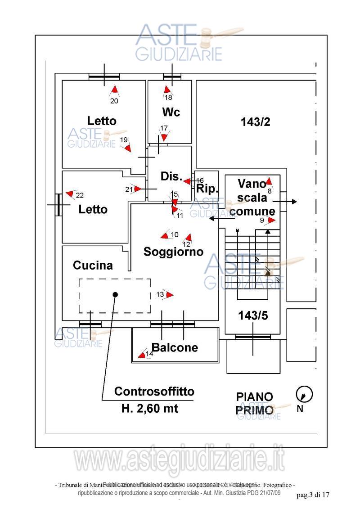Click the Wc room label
pos(171,112)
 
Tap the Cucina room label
pos(93,266)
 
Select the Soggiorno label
pos(173,252)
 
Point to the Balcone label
pos(175,347)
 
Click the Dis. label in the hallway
pos(171,177)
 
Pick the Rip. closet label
pos(207,189)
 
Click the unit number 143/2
pos(255,122)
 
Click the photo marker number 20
pos(114,101)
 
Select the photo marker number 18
pos(168,97)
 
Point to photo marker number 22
pos(80,195)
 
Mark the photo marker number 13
pos(160,294)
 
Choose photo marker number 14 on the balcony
pos(149,354)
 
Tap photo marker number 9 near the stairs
pos(262,221)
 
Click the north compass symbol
pos(304,395)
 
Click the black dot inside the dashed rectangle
pos(115,295)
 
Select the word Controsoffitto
pos(154,392)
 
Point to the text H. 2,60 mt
pos(150,409)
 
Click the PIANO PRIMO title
pos(255,403)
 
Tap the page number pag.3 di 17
pos(313,495)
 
